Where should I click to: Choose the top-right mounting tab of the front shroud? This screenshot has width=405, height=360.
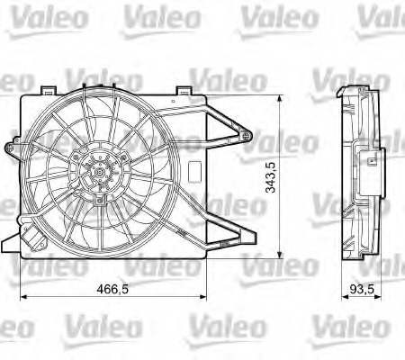tap(183, 91)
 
